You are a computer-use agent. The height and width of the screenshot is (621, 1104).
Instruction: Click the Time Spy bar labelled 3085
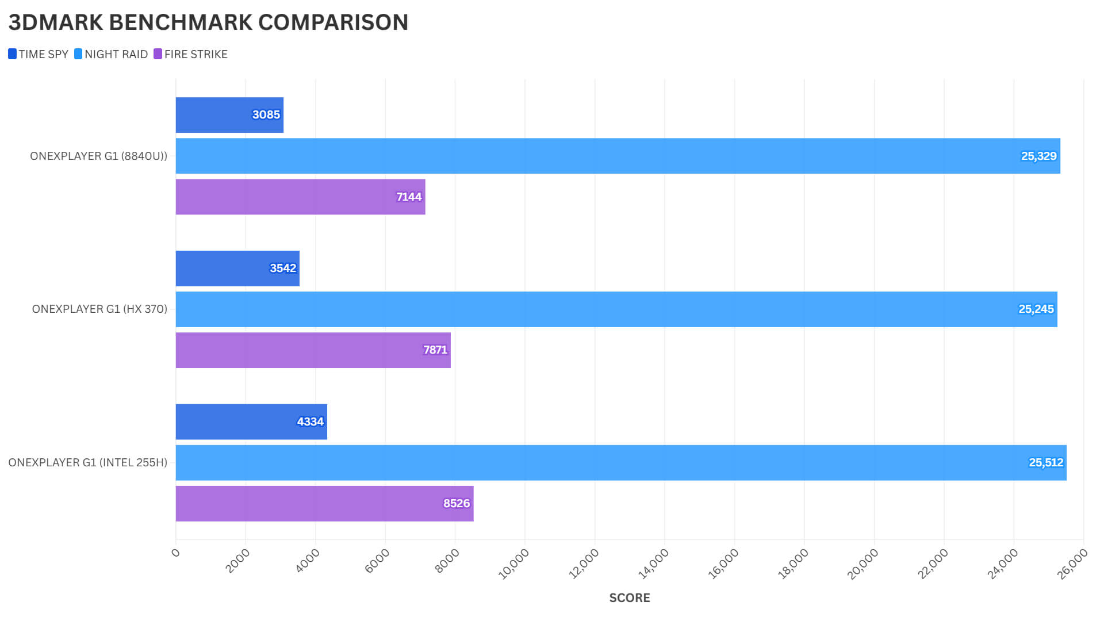click(229, 115)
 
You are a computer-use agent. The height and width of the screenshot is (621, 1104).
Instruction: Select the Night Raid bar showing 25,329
click(618, 156)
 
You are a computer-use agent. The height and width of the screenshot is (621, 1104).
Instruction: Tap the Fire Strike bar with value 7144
click(300, 197)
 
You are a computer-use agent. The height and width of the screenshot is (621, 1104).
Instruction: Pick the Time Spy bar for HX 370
click(237, 269)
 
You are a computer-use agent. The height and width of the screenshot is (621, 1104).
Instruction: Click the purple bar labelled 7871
click(313, 350)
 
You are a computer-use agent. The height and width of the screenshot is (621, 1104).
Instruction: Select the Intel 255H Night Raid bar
click(620, 463)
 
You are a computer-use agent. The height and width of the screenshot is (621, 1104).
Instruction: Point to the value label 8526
click(457, 504)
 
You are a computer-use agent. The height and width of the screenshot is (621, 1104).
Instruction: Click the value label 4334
click(310, 422)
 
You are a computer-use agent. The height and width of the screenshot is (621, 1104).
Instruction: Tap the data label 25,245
click(1036, 309)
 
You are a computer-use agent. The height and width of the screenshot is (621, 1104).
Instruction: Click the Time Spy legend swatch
click(12, 54)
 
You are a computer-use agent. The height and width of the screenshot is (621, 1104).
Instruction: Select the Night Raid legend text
click(116, 54)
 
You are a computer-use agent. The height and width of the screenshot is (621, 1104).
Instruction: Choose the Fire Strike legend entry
click(195, 54)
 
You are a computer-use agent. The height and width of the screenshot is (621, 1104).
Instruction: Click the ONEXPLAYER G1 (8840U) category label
click(98, 156)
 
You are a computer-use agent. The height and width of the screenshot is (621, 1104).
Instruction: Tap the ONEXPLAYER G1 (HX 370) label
click(99, 309)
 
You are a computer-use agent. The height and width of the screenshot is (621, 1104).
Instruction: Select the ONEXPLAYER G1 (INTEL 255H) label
click(87, 463)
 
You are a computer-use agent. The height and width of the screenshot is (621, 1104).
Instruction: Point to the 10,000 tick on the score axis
click(513, 563)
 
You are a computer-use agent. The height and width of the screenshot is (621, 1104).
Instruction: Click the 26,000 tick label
click(1072, 563)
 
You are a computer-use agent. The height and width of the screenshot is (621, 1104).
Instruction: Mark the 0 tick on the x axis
click(175, 553)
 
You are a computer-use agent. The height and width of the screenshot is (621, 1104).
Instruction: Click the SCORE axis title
click(629, 598)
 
